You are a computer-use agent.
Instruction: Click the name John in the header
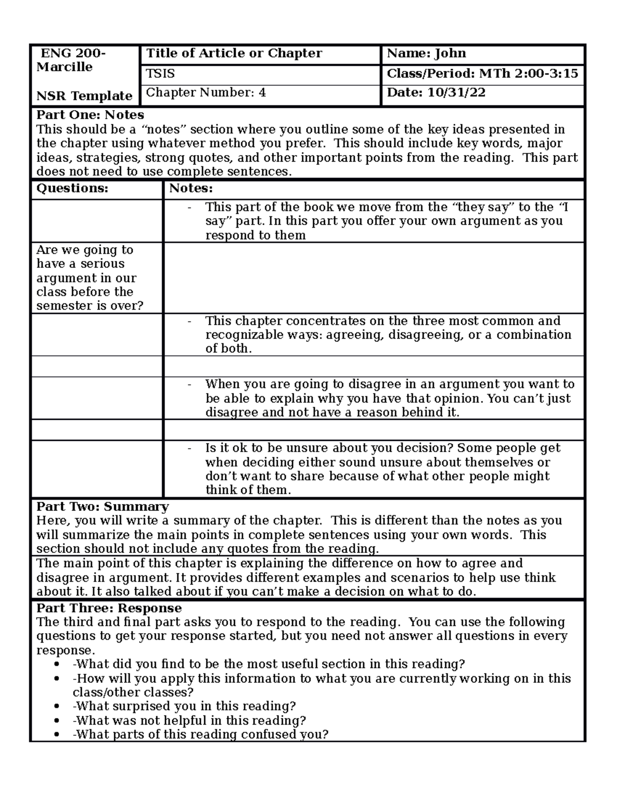tap(450, 53)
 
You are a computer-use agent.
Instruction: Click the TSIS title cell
tap(160, 74)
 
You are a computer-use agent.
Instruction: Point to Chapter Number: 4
tap(206, 93)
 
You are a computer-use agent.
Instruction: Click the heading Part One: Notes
tap(90, 115)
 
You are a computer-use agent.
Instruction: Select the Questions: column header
tap(72, 189)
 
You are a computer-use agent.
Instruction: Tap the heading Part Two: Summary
tap(102, 507)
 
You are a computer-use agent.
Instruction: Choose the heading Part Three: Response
tap(109, 608)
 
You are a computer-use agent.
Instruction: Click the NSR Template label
tap(84, 96)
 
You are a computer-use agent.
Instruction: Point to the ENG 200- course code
tap(73, 53)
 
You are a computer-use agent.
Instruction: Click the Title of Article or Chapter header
tap(234, 53)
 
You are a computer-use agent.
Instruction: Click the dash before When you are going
tap(190, 384)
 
